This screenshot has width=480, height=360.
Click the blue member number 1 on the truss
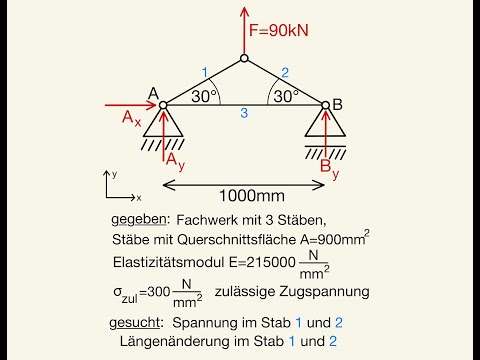203,72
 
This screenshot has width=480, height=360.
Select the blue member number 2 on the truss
285,72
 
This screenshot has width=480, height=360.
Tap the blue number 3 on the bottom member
243,115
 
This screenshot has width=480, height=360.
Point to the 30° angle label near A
203,96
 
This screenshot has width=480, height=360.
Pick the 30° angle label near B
285,96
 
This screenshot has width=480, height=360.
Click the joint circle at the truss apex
244,57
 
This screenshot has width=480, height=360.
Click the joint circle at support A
162,104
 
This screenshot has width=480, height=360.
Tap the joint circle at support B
326,104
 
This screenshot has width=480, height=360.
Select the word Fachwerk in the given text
208,220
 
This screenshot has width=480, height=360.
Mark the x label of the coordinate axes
139,198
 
